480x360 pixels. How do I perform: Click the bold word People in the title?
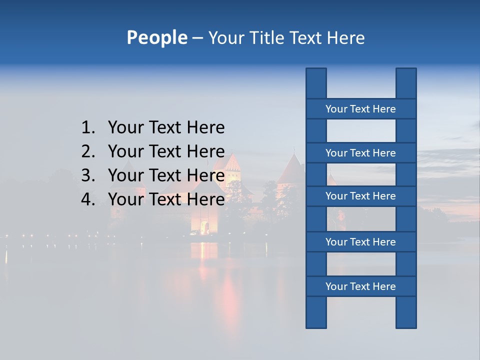(156, 37)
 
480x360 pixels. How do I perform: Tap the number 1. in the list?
(88, 128)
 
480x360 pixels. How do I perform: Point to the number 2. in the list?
(88, 151)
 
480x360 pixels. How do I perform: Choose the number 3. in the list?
(88, 175)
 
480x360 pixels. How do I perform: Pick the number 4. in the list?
(88, 199)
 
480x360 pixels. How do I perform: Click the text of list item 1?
(166, 128)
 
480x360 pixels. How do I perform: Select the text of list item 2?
(166, 151)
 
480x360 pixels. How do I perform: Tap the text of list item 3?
(166, 175)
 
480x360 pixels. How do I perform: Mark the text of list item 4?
(166, 199)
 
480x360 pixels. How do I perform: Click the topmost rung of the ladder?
(360, 109)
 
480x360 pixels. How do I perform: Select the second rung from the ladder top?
(360, 153)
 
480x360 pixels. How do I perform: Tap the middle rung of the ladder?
(360, 196)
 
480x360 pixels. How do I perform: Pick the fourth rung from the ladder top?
(360, 242)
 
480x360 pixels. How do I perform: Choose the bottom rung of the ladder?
(360, 286)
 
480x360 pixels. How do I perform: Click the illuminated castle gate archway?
(204, 227)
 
